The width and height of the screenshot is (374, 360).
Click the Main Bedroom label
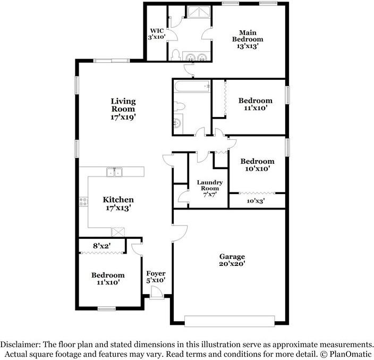248,39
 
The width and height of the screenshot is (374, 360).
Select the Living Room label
123,109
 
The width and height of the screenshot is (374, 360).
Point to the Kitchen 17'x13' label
118,204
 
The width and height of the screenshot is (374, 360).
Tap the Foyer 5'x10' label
156,276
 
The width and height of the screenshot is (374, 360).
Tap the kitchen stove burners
83,202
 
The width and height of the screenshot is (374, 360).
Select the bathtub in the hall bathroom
192,86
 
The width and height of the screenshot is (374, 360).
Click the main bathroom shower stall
194,13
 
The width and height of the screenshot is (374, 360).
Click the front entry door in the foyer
156,292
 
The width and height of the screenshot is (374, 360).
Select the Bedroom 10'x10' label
257,165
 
